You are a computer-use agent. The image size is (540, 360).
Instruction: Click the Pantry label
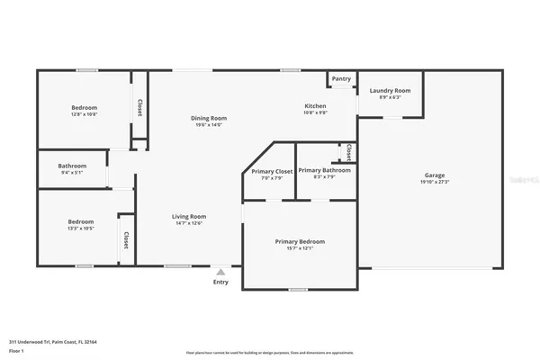[x=341, y=79]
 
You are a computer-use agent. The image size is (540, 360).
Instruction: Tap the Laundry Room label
[x=391, y=91]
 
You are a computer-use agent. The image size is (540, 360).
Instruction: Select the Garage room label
[x=435, y=175]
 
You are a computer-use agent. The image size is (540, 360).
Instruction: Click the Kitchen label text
[x=314, y=106]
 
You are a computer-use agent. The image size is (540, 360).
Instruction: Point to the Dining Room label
[x=208, y=118]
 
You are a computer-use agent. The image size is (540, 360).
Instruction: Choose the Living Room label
[x=190, y=216]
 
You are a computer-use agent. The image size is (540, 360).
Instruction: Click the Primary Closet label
[x=272, y=171]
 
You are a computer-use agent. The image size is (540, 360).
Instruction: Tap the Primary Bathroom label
[x=324, y=170]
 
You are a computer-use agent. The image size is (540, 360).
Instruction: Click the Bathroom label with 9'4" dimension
[x=72, y=166]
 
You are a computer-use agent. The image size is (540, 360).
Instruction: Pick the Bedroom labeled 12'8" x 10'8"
[x=84, y=108]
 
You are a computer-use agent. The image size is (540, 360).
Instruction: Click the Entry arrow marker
[x=220, y=270]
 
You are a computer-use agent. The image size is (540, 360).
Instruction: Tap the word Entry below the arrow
[x=220, y=282]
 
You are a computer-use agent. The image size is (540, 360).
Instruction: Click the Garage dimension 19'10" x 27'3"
[x=435, y=182]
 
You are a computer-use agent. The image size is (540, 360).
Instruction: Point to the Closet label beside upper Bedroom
[x=139, y=107]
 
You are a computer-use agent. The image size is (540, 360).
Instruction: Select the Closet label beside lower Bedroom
[x=125, y=239]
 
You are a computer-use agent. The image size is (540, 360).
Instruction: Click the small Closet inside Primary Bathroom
[x=348, y=152]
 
